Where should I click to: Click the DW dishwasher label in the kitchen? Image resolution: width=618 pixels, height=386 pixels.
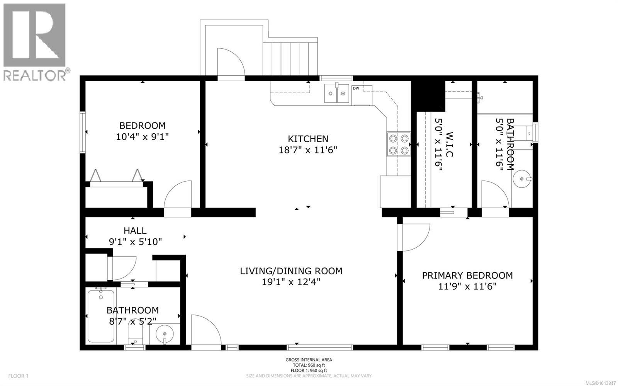coord(356,88)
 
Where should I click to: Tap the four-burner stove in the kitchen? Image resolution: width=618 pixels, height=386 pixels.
coord(399,144)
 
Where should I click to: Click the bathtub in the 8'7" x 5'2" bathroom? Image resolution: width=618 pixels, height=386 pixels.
coord(101,315)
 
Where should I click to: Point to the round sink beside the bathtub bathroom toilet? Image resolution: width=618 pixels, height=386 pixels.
coord(165,333)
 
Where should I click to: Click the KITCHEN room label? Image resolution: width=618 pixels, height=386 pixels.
coord(308,138)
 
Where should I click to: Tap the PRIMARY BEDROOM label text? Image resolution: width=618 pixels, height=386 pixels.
coord(467,275)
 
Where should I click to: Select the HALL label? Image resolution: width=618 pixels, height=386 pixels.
coord(135,230)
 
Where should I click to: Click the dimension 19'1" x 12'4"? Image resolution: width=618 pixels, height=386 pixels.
coord(291,282)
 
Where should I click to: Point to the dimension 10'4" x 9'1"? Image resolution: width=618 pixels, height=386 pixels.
coord(142,136)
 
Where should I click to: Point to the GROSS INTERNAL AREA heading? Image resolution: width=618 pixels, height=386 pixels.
coord(309,360)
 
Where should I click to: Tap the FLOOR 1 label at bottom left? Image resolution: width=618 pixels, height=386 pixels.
coord(18,376)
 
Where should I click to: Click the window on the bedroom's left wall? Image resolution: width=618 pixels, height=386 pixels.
coord(83,132)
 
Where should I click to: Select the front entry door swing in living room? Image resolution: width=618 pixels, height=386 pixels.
coord(206,330)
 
